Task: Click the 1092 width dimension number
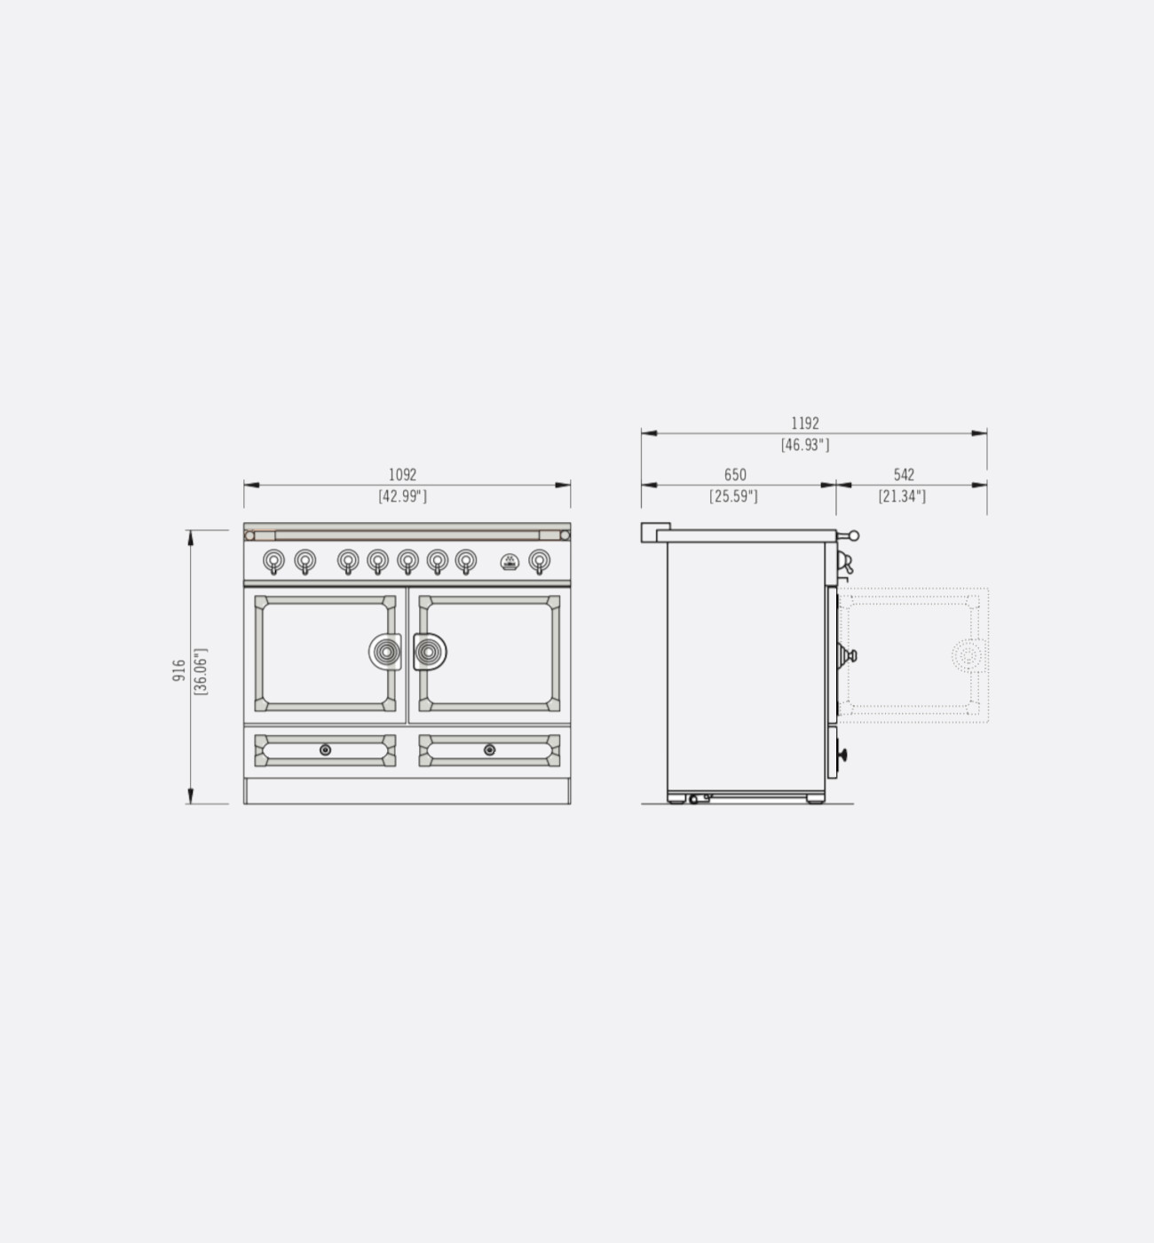coord(402,475)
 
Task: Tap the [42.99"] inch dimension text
coord(402,496)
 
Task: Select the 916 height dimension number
coord(179,670)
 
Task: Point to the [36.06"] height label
coord(201,670)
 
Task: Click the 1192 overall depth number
coord(804,424)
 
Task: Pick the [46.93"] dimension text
coord(804,445)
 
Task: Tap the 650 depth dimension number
coord(735,475)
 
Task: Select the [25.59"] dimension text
coord(733,496)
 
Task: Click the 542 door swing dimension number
coord(903,475)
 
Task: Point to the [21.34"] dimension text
coord(902,496)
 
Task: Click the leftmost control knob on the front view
coord(274,560)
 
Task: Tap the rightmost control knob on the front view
coord(539,560)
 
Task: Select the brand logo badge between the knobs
coord(510,561)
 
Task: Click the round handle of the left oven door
coord(386,653)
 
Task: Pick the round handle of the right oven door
coord(429,653)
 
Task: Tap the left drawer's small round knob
coord(325,750)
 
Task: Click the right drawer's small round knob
coord(489,750)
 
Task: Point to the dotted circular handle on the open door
coord(966,656)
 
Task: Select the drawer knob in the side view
coord(841,756)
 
